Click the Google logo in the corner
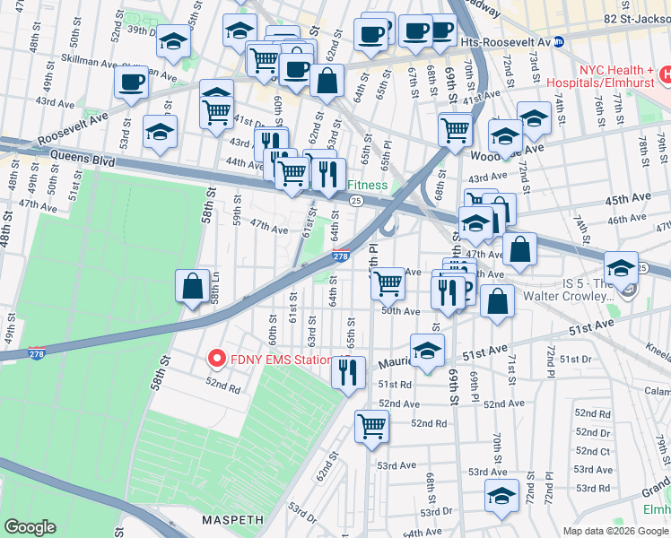(x=30, y=527)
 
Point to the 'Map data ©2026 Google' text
(x=614, y=530)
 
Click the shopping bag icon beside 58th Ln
(x=193, y=287)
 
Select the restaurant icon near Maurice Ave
(x=349, y=370)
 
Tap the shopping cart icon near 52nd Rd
(x=370, y=426)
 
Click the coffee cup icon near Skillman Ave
(x=131, y=82)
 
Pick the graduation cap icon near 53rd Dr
(x=501, y=495)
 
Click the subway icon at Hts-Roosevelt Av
(x=559, y=40)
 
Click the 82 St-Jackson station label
(x=636, y=19)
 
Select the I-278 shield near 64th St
(x=341, y=257)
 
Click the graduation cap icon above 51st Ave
(x=428, y=350)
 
